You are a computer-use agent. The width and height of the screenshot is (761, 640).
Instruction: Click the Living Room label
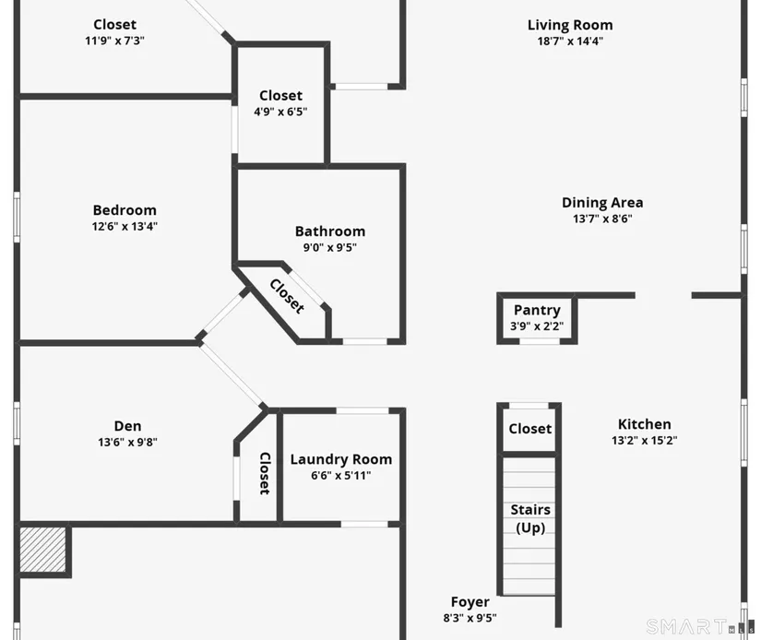[x=570, y=25]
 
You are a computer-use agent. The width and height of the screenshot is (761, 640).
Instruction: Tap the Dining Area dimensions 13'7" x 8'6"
[x=602, y=219]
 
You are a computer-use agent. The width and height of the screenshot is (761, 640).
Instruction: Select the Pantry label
[x=537, y=310]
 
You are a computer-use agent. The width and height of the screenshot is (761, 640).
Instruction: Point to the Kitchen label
[x=644, y=424]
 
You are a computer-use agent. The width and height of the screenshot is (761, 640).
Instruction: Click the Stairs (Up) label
[x=530, y=518]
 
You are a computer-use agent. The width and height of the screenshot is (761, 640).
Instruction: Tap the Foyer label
[x=470, y=602]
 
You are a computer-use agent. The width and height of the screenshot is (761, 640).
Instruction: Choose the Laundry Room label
[x=340, y=459]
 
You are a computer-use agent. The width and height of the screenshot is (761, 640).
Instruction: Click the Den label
[x=127, y=426]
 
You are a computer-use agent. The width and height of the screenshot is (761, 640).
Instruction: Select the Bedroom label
[x=125, y=210]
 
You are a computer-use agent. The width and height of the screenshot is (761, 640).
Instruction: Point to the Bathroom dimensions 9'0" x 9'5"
[x=330, y=247]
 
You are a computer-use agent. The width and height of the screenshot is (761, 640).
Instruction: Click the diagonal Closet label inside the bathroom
[x=287, y=296]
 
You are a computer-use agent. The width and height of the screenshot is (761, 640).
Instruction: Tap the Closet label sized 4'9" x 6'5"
[x=280, y=96]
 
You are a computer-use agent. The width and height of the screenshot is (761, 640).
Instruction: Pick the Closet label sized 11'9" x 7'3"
[x=114, y=24]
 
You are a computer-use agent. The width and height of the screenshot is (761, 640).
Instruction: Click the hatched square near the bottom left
[x=42, y=550]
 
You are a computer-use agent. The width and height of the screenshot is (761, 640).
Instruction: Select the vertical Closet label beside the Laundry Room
[x=265, y=474]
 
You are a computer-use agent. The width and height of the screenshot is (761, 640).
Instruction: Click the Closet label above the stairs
[x=530, y=429]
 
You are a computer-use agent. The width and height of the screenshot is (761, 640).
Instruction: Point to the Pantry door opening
[x=540, y=341]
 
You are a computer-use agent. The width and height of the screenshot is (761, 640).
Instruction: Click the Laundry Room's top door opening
[x=363, y=411]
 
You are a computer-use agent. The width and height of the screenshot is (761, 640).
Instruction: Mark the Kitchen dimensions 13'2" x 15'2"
[x=644, y=441]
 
